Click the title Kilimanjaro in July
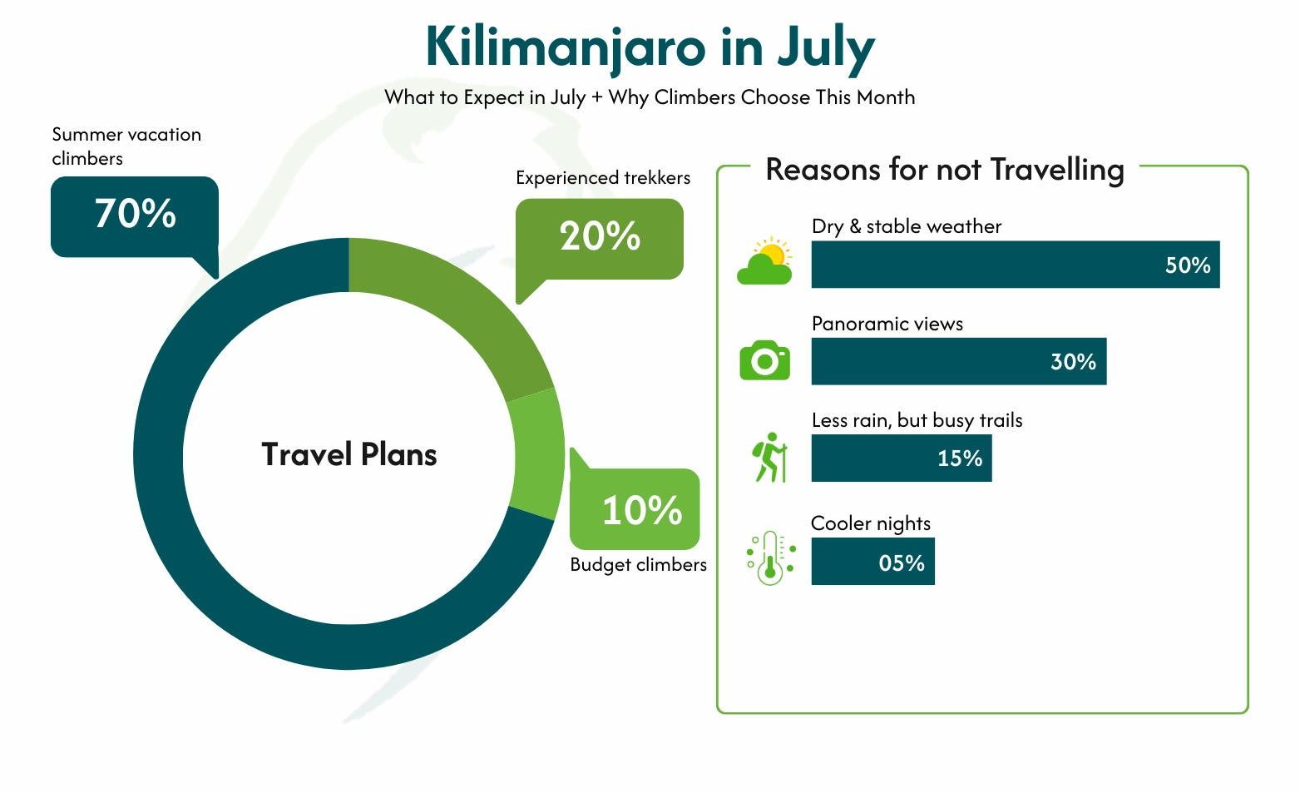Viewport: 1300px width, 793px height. [650, 47]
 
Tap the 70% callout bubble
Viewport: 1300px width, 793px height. [135, 216]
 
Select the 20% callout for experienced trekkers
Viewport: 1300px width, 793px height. [599, 238]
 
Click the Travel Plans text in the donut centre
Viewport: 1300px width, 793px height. [349, 455]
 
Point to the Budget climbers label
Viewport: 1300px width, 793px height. [638, 565]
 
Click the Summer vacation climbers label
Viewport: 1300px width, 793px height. [126, 146]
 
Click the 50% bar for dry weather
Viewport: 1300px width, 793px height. [1015, 265]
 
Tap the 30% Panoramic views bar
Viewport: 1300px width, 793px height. [958, 361]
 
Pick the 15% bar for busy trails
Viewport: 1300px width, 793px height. [902, 458]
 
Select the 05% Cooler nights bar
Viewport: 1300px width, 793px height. [872, 562]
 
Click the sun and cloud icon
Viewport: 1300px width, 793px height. [765, 261]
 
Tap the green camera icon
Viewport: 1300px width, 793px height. [764, 360]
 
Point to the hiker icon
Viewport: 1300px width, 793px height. [770, 458]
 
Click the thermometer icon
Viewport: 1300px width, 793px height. [771, 558]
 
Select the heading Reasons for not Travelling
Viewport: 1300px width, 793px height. [945, 170]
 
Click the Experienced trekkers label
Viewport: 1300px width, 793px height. [603, 178]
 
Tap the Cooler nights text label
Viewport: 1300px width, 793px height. [871, 523]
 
